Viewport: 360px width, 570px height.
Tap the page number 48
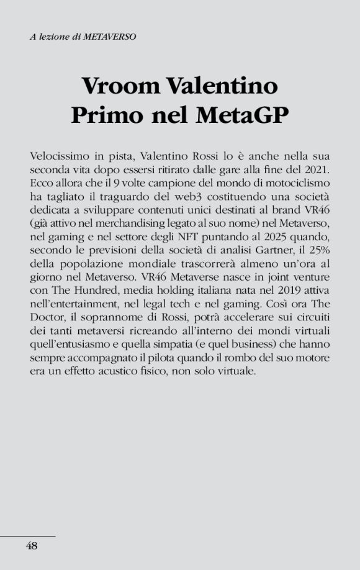tap(31, 546)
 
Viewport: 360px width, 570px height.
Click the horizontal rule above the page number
tap(28, 535)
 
